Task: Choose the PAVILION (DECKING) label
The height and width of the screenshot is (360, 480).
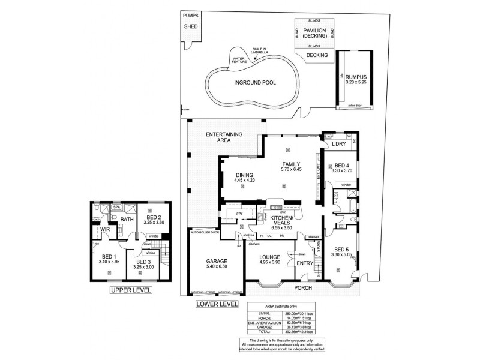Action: (315, 32)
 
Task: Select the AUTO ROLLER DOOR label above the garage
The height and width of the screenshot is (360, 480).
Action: (205, 232)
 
